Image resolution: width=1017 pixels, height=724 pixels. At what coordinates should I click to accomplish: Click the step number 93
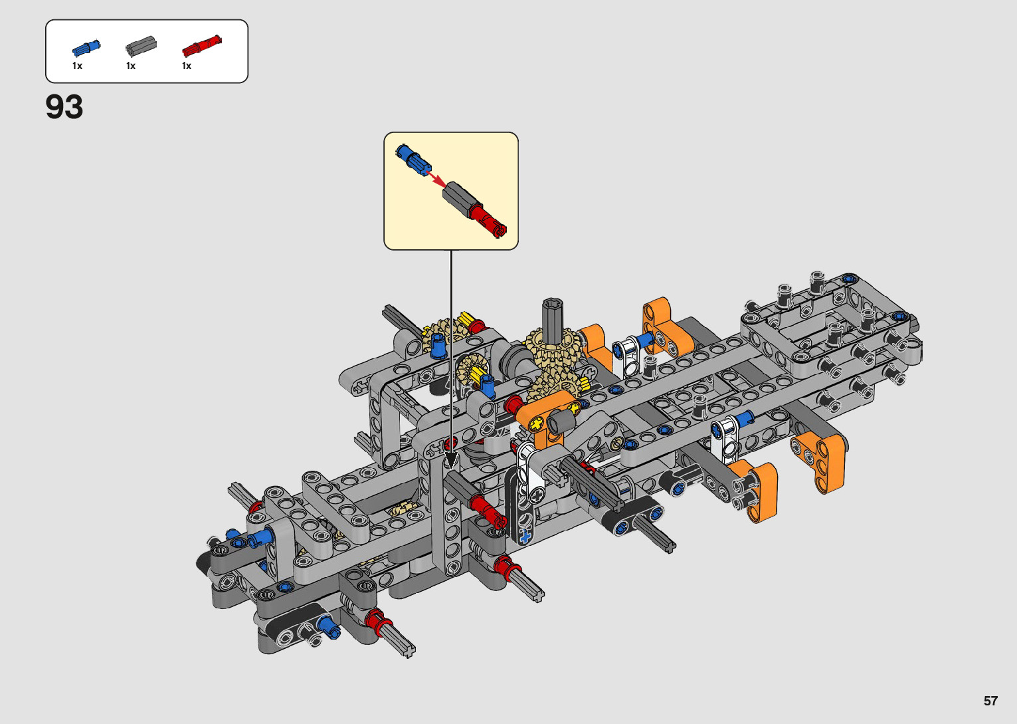pyautogui.click(x=64, y=107)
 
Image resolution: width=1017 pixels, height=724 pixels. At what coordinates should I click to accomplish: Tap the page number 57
pyautogui.click(x=990, y=701)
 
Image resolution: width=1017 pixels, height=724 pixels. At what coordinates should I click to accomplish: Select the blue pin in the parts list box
pyautogui.click(x=86, y=48)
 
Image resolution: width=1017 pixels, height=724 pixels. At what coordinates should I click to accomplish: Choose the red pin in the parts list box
pyautogui.click(x=202, y=45)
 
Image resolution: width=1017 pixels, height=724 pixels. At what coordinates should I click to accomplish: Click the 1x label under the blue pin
pyautogui.click(x=77, y=66)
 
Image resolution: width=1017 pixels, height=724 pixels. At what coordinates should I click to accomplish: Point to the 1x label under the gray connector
pyautogui.click(x=131, y=66)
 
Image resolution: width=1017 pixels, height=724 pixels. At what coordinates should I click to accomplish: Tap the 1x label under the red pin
pyautogui.click(x=187, y=66)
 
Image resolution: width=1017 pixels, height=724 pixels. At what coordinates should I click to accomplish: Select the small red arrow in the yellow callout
pyautogui.click(x=437, y=179)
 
